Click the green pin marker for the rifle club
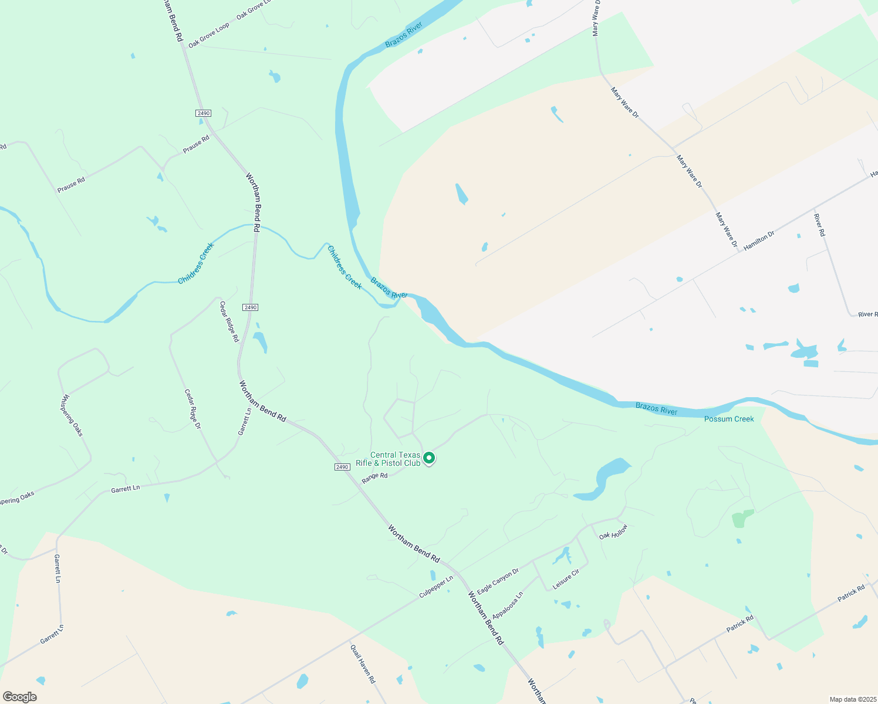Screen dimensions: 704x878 tap(429, 458)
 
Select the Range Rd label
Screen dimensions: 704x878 tap(374, 476)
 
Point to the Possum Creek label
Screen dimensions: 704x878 tap(729, 419)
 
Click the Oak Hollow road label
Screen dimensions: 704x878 tap(613, 532)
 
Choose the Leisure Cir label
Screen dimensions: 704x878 tap(566, 579)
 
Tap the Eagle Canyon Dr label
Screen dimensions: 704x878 tap(498, 581)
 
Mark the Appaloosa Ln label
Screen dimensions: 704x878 tap(508, 605)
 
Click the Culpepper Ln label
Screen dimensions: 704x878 tap(436, 587)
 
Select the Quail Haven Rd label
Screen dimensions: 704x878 tap(362, 664)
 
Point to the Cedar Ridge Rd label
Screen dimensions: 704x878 tap(229, 321)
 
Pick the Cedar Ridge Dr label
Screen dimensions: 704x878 tap(193, 409)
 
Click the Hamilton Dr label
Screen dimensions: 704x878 tap(759, 241)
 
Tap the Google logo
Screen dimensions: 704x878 tap(19, 697)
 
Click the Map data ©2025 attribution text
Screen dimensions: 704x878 tap(852, 699)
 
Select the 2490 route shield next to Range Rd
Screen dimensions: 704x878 tap(342, 466)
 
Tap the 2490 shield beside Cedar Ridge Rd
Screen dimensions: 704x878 tap(251, 307)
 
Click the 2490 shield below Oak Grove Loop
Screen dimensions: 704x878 tap(203, 113)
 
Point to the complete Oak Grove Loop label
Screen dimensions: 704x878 tap(209, 36)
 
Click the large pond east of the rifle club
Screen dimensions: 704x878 tap(605, 479)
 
